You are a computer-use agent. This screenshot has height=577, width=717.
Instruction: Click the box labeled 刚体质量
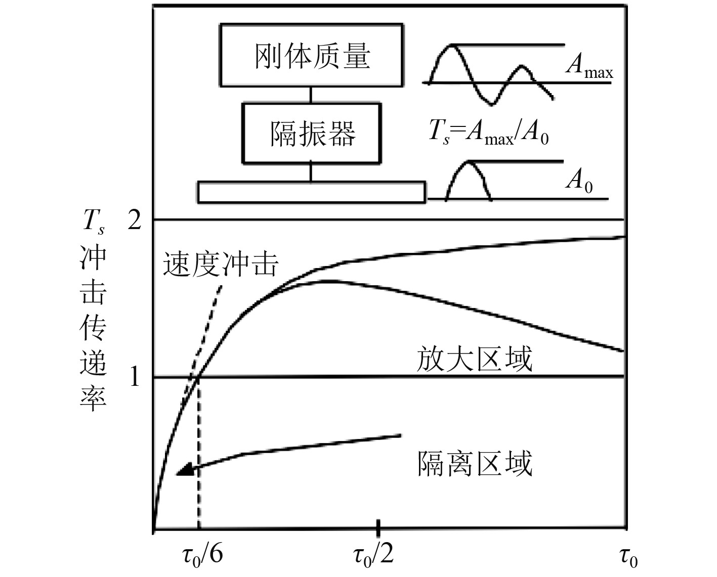(312, 55)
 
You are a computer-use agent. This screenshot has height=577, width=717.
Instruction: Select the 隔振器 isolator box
(312, 134)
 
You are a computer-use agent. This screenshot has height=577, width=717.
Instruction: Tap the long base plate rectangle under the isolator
(311, 192)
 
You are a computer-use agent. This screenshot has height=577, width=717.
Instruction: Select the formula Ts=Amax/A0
(488, 134)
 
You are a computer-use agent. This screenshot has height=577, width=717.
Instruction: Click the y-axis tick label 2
(134, 220)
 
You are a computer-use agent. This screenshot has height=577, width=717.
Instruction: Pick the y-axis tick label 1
(134, 377)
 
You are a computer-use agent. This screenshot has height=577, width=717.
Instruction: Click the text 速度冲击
(221, 264)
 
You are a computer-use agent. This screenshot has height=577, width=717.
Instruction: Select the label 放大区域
(474, 360)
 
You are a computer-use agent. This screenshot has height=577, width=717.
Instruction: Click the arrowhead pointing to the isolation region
(184, 470)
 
